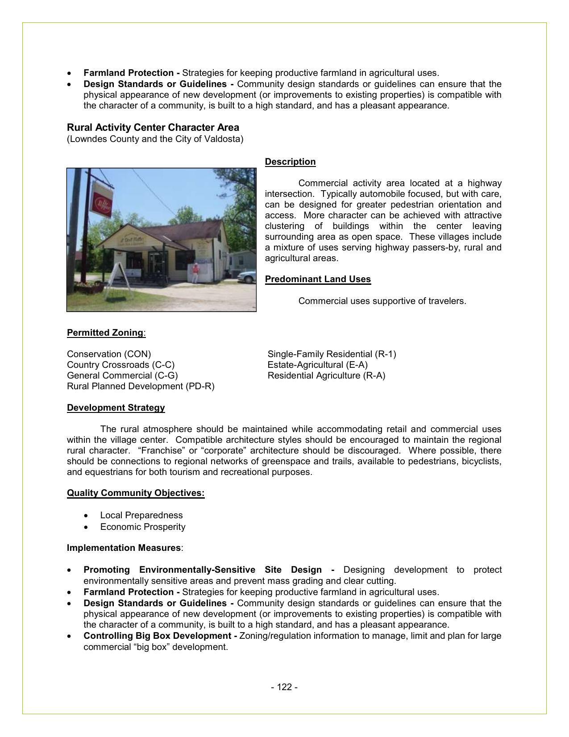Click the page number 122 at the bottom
tap(284, 687)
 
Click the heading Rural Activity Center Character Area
tap(153, 127)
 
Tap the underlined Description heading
tap(290, 162)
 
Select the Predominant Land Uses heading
tap(318, 279)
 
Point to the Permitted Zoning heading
tap(105, 333)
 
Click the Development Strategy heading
tap(116, 408)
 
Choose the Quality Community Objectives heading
tap(136, 493)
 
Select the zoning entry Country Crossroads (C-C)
tap(120, 365)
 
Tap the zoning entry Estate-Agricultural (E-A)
tap(317, 365)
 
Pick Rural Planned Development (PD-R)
tap(141, 386)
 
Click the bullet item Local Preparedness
tap(141, 515)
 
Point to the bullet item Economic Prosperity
tap(143, 527)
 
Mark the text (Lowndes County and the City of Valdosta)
tap(155, 139)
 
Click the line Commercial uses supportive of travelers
tap(382, 301)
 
